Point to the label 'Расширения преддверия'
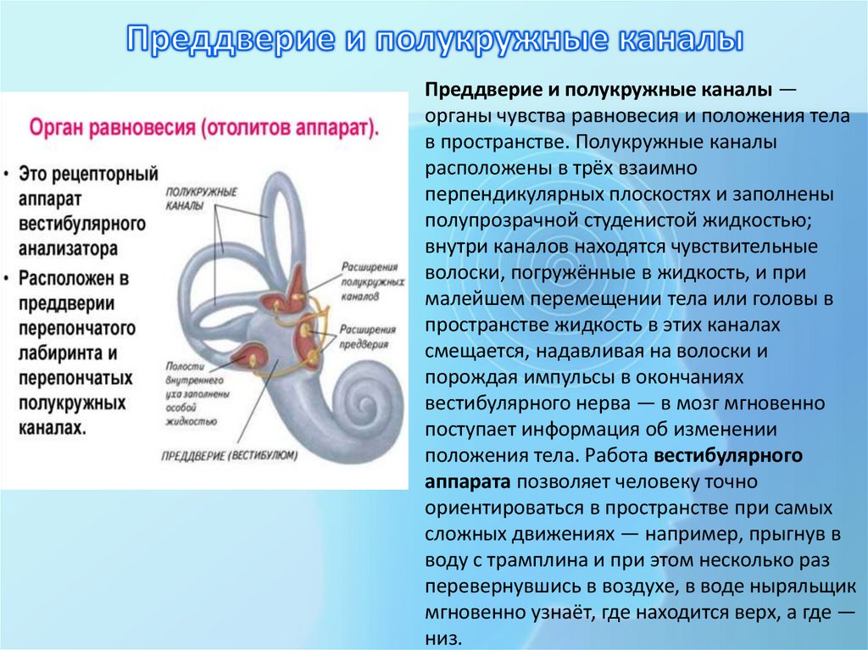367,336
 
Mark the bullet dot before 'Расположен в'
8,277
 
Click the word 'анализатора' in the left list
68,249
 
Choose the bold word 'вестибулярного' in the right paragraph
728,456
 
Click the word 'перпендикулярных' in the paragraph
498,195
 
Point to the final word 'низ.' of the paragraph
444,638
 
